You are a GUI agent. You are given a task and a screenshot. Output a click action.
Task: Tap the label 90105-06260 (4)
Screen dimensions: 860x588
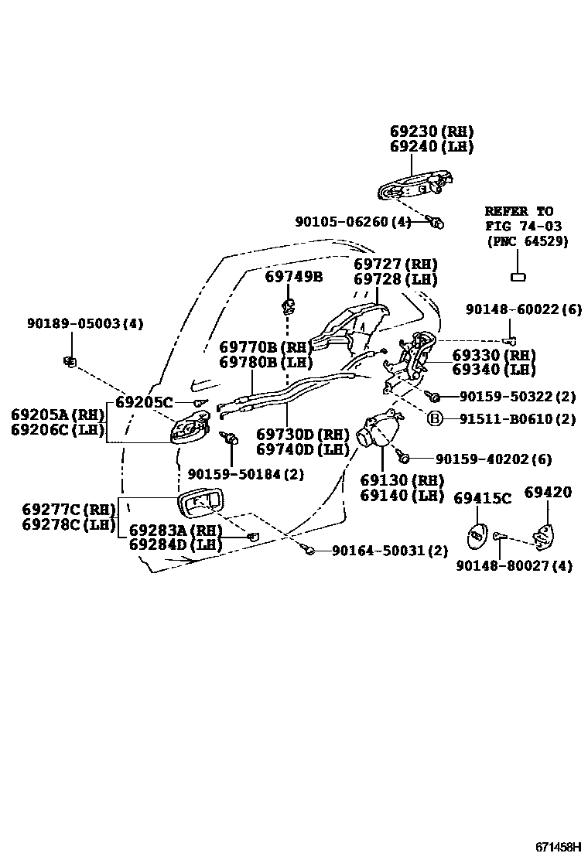(353, 222)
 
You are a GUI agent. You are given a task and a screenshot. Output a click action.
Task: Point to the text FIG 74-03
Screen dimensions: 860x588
(523, 226)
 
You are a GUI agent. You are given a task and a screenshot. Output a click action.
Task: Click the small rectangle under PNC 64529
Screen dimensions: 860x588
(518, 275)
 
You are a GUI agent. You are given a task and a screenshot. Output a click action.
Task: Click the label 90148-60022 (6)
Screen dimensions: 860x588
(523, 309)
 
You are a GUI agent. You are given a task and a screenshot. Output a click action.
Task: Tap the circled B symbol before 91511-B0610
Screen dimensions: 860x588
(436, 419)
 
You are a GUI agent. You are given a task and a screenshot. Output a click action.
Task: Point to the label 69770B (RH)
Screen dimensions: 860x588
(265, 347)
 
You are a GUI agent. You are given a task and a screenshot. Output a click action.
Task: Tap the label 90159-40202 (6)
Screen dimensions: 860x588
(493, 459)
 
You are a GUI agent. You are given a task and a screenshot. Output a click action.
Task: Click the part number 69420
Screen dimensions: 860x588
(548, 493)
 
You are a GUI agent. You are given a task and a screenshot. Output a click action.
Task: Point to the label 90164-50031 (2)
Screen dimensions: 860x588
(390, 551)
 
